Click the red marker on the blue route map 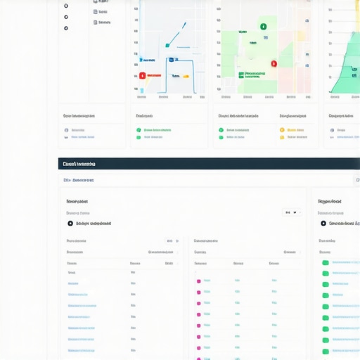click(x=142, y=75)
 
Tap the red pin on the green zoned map click(x=274, y=64)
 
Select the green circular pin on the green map click(x=263, y=27)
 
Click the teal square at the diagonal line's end click(x=167, y=46)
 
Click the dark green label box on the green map click(x=241, y=74)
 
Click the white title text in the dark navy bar click(x=79, y=164)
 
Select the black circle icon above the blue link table click(x=70, y=224)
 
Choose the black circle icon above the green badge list click(x=323, y=224)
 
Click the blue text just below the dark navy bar click(x=79, y=180)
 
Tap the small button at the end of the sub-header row click(x=356, y=180)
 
